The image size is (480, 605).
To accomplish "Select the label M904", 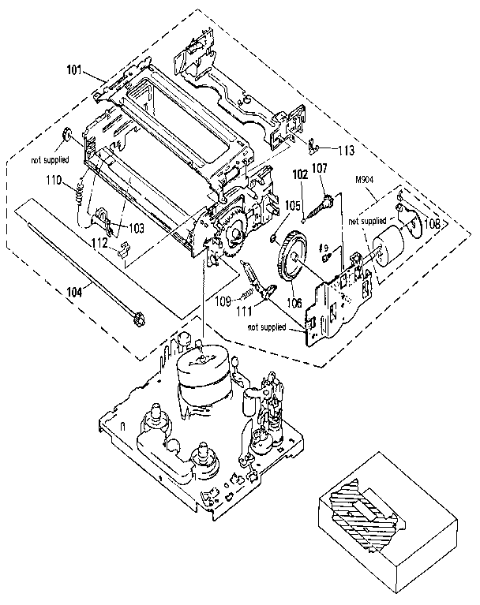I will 364,179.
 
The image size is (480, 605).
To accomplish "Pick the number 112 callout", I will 99,243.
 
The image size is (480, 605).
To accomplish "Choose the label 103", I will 136,227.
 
